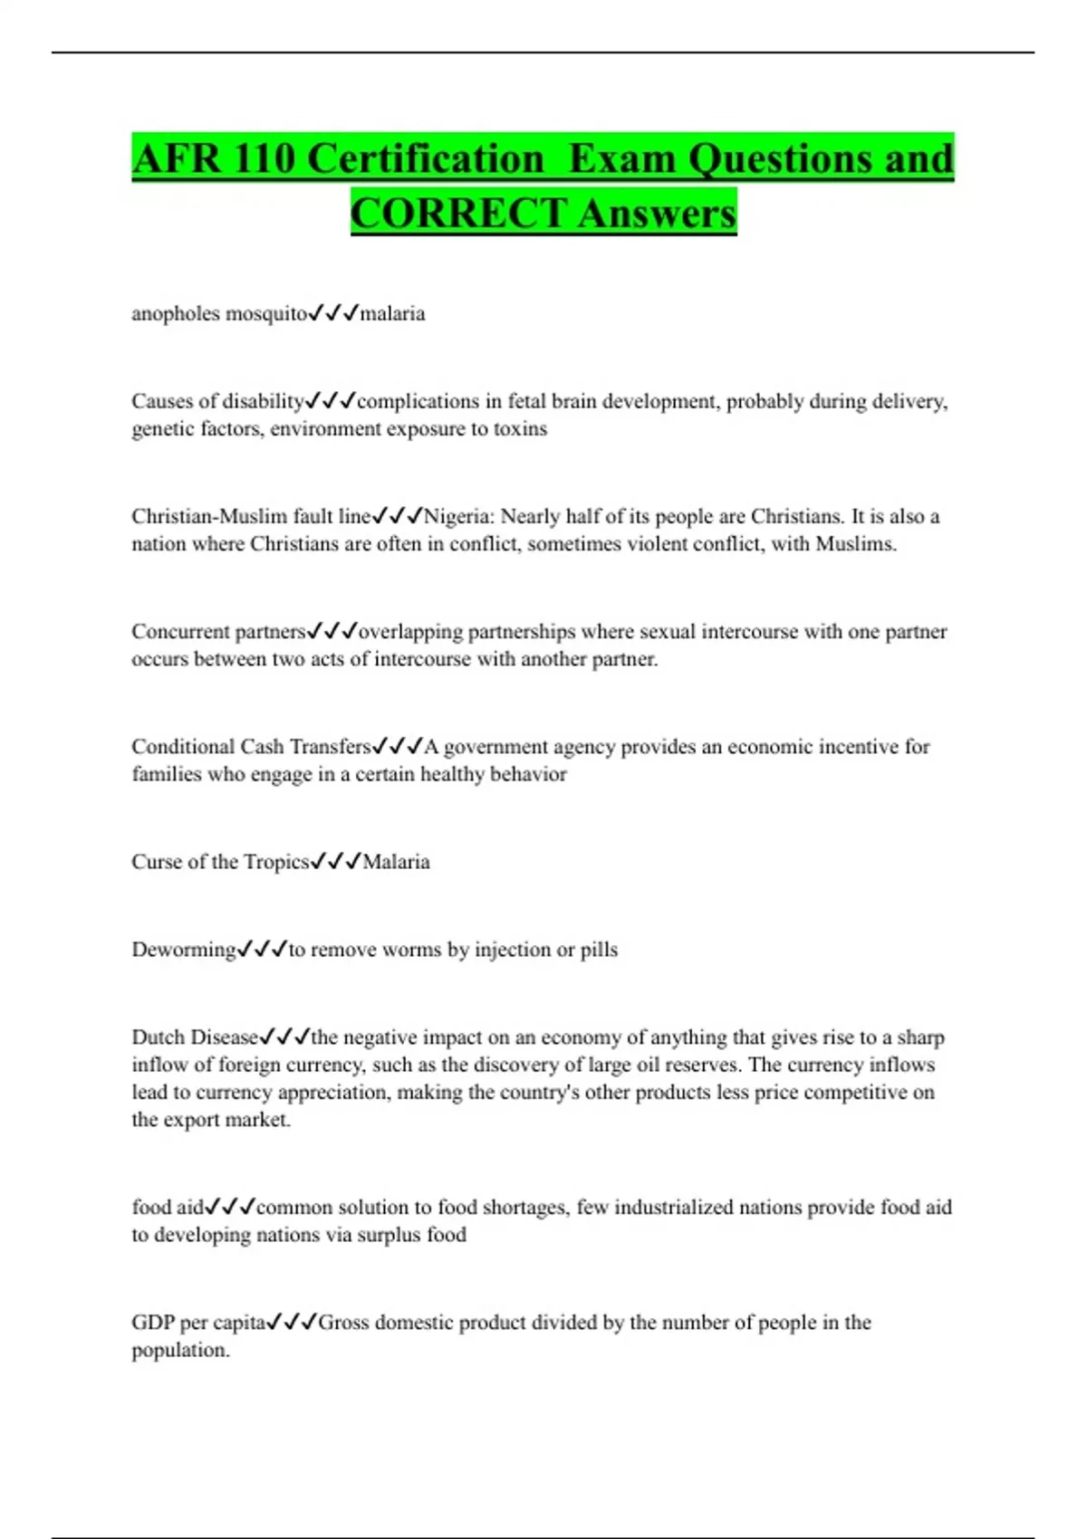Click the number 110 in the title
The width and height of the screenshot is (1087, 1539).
point(264,158)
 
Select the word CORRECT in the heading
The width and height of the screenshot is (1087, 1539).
point(458,214)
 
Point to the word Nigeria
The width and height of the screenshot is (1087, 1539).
point(458,516)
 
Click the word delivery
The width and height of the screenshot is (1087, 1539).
point(909,402)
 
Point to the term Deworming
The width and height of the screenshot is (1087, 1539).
point(184,950)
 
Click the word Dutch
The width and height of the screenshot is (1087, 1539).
point(157,1037)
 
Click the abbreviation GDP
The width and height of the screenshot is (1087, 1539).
point(153,1323)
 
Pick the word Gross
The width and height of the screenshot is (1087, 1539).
point(343,1323)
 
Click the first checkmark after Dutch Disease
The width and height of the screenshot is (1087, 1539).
point(267,1037)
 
